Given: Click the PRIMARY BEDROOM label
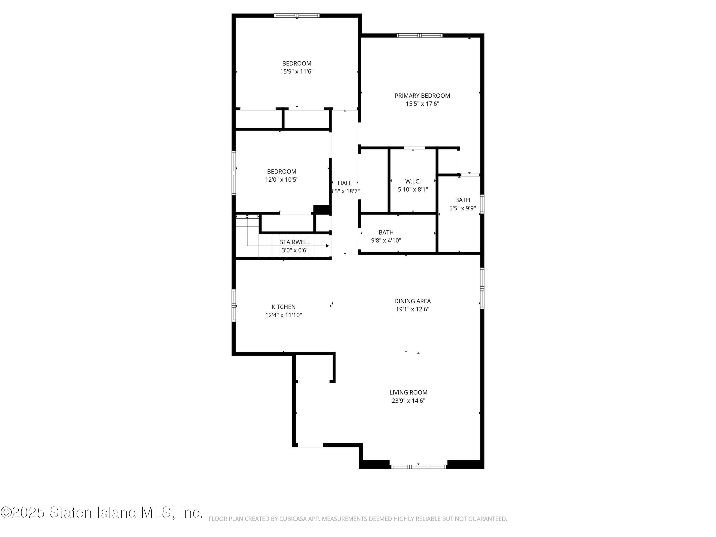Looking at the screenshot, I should click(x=422, y=95).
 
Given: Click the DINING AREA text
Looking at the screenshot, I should click(x=412, y=301).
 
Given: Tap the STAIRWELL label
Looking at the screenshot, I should click(x=295, y=242).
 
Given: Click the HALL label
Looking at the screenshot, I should click(x=344, y=183).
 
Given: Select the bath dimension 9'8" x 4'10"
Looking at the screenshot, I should click(x=386, y=241).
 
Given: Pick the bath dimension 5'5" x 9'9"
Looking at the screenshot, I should click(x=462, y=208).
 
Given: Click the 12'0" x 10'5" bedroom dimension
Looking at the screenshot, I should click(x=282, y=180).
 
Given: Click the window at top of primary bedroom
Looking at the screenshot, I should click(x=420, y=36).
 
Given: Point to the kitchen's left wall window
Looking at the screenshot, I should click(x=234, y=305).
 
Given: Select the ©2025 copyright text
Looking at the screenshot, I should click(x=23, y=512).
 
